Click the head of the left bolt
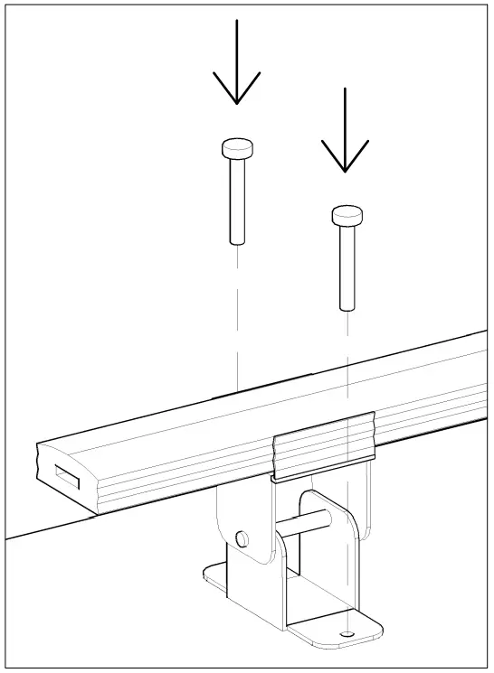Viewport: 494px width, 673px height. [x=236, y=147]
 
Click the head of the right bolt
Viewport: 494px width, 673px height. [x=347, y=214]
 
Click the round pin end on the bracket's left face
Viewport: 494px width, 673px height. [x=242, y=538]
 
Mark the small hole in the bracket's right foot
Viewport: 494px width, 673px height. [x=347, y=635]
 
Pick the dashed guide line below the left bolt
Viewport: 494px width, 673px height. [x=236, y=316]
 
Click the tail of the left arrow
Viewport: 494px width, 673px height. [x=236, y=32]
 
